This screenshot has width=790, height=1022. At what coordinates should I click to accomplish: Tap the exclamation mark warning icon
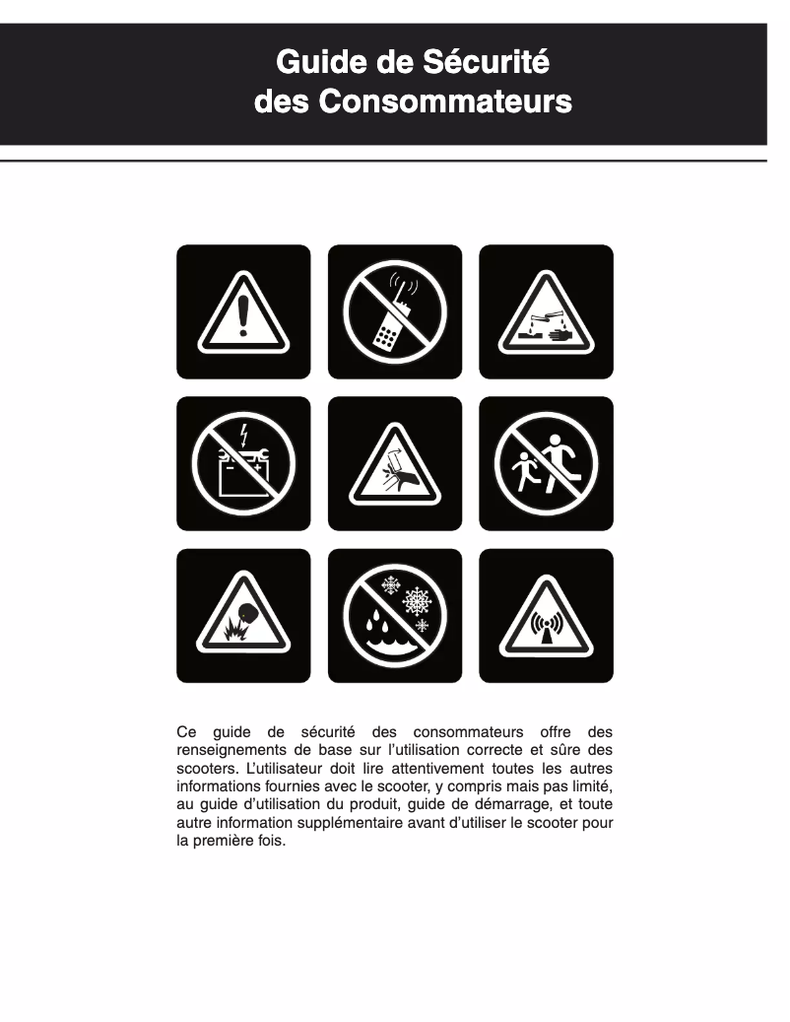[x=243, y=311]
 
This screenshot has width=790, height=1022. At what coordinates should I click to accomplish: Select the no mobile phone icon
[x=395, y=311]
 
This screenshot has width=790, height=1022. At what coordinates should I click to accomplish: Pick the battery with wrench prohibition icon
[x=243, y=463]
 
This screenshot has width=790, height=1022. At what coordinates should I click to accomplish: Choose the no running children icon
[x=546, y=463]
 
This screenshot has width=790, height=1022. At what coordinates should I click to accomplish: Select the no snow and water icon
[x=395, y=616]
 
